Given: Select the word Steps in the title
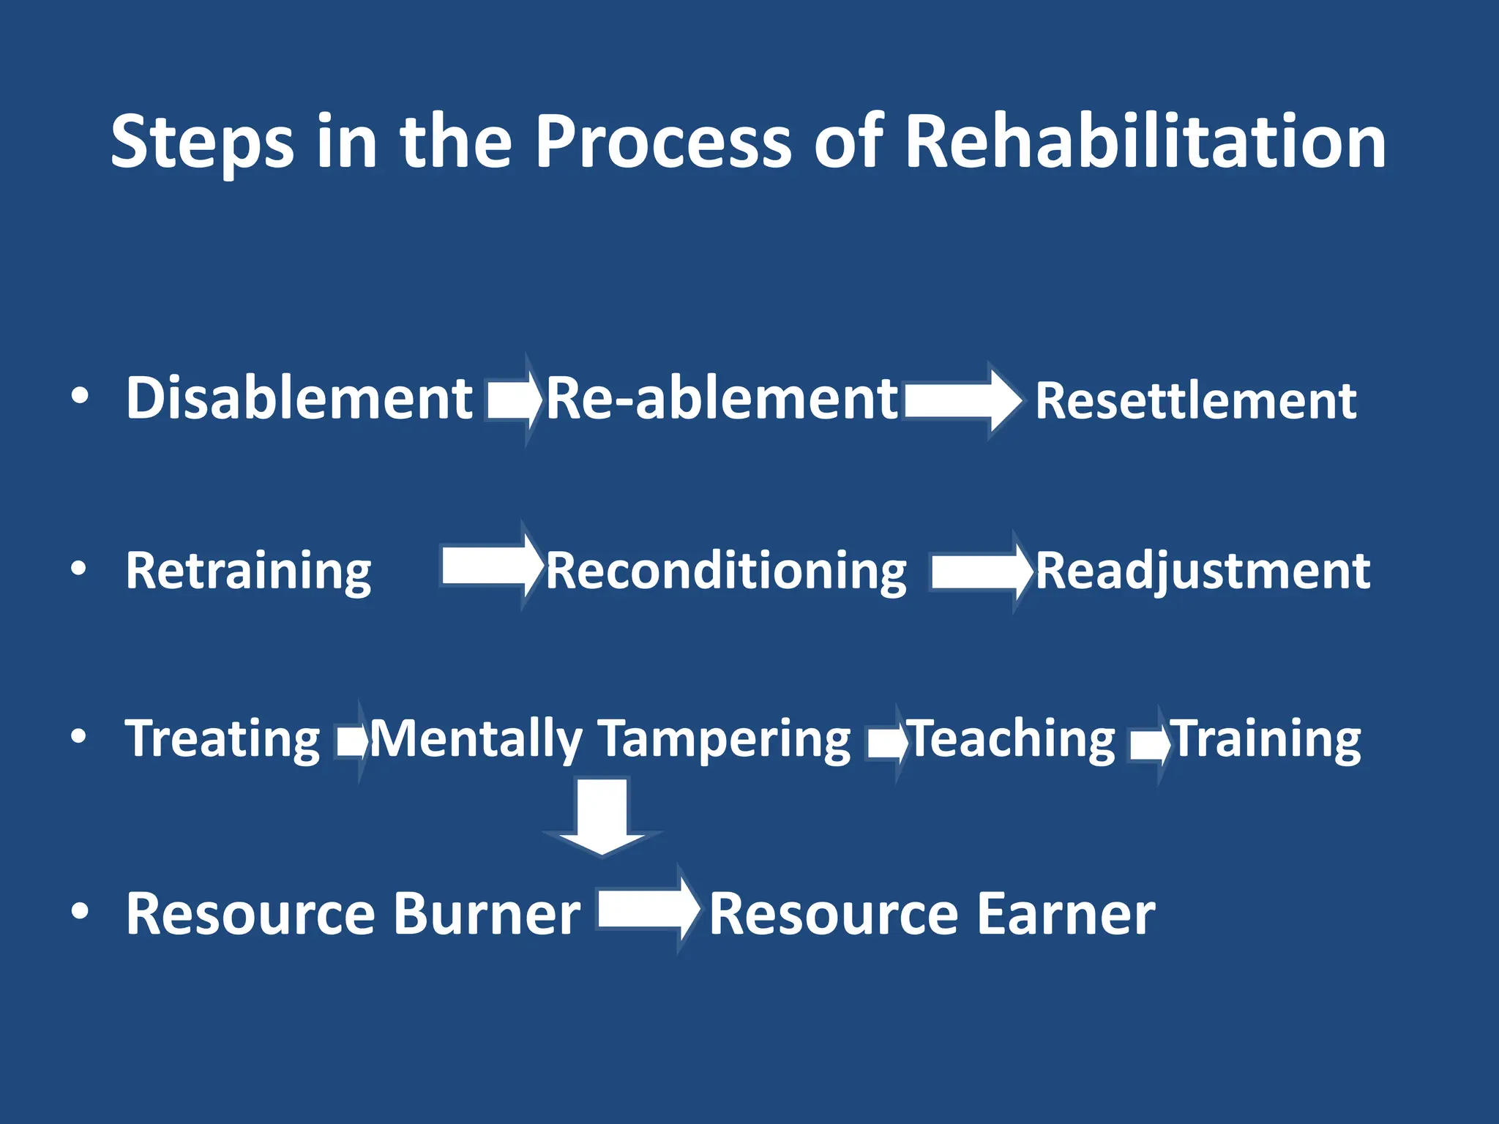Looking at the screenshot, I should [203, 143].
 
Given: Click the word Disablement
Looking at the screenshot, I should [299, 399].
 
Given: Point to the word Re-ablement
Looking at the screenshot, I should [722, 399].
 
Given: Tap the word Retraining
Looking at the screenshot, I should [249, 572].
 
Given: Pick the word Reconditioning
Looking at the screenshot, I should [726, 572].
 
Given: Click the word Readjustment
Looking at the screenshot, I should [1203, 572].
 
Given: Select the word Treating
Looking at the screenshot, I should [223, 739].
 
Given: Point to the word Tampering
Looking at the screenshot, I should [725, 739].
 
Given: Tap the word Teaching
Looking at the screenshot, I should [1012, 739].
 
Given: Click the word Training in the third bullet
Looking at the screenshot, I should [1267, 739].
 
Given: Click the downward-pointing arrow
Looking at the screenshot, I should [602, 816].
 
